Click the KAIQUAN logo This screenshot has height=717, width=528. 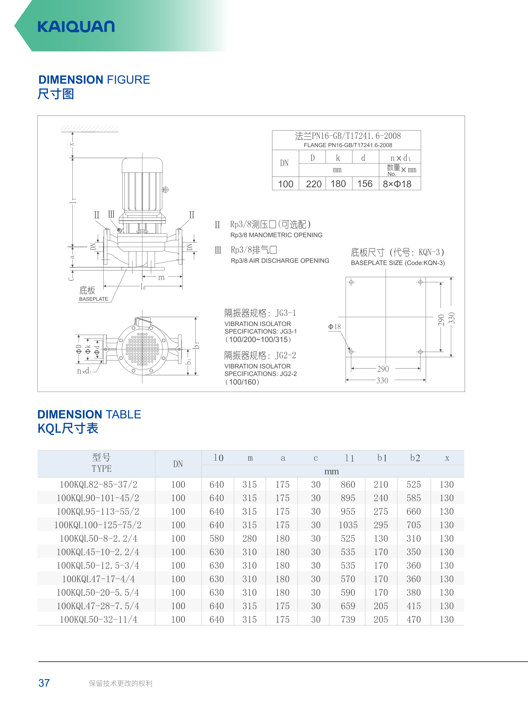click(76, 27)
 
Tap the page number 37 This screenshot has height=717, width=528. click(44, 683)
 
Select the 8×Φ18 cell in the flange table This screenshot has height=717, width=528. click(397, 184)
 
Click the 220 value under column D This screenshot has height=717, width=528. click(313, 184)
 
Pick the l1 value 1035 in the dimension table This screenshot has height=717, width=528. click(348, 525)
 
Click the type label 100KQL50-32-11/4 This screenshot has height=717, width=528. click(98, 620)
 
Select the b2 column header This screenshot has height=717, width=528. click(415, 458)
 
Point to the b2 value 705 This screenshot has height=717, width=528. click(414, 525)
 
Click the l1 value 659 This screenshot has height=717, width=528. click(348, 606)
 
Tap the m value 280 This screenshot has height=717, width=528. click(249, 538)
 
